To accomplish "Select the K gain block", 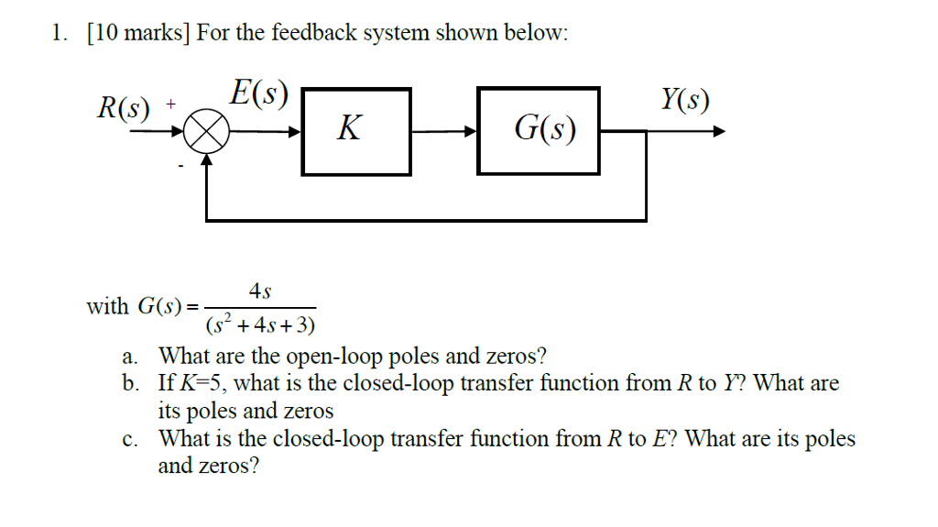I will pyautogui.click(x=356, y=130).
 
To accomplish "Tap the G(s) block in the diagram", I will pyautogui.click(x=539, y=130).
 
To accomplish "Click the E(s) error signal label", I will pyautogui.click(x=259, y=93).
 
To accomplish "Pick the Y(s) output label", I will pyautogui.click(x=684, y=99).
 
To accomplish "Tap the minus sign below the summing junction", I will pyautogui.click(x=180, y=166).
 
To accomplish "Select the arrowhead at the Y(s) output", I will pyautogui.click(x=718, y=131).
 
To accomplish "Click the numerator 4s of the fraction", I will pyautogui.click(x=260, y=291).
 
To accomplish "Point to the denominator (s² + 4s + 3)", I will pyautogui.click(x=261, y=324).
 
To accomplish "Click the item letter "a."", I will pyautogui.click(x=130, y=356).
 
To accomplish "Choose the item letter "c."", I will pyautogui.click(x=130, y=439).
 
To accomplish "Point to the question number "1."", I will pyautogui.click(x=60, y=34).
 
